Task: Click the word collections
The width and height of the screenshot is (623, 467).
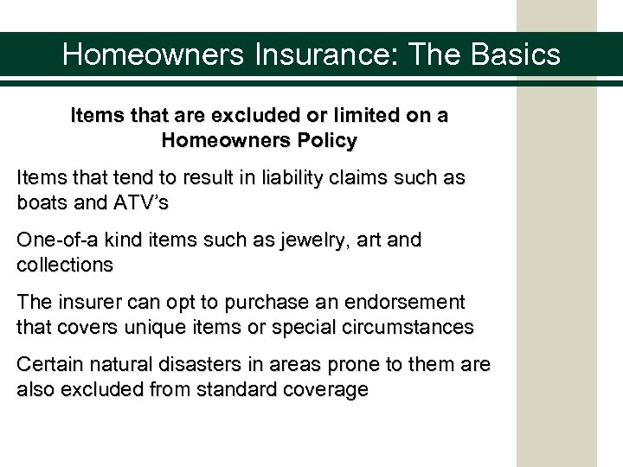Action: pos(65,264)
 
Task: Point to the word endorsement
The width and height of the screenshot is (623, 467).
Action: pos(395,304)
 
